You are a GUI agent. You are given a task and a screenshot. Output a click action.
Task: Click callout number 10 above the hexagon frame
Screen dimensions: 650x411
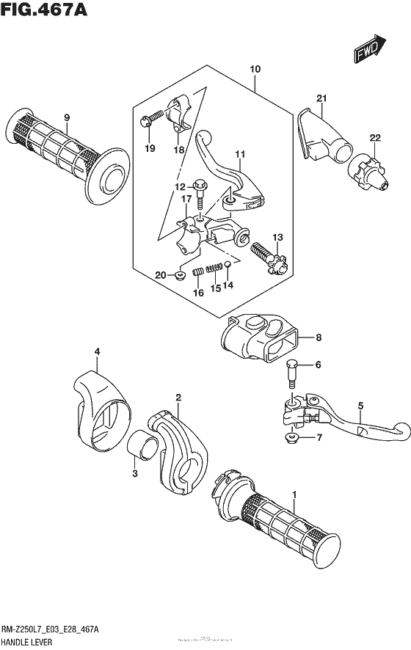click(x=255, y=70)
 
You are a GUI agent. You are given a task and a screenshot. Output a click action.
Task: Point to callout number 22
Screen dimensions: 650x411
click(x=375, y=138)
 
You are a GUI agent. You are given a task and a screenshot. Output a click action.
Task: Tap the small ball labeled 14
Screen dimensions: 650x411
click(x=228, y=264)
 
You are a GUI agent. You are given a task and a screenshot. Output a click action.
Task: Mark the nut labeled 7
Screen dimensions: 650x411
click(x=291, y=439)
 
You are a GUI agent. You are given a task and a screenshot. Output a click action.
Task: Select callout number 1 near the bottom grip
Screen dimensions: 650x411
click(x=294, y=495)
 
